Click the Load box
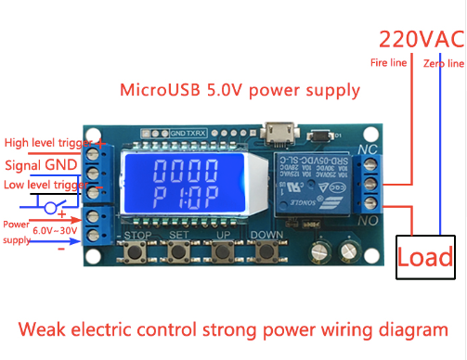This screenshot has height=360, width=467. tap(425, 256)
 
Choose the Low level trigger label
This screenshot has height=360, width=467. tap(46, 186)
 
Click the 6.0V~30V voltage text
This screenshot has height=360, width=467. tap(43, 231)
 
